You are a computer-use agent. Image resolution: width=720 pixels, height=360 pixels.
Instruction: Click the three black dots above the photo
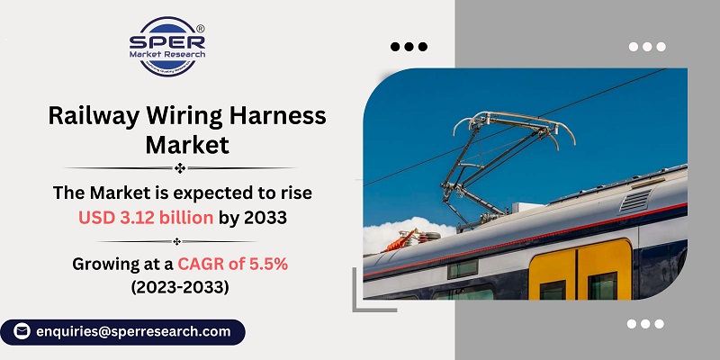click(x=408, y=46)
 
